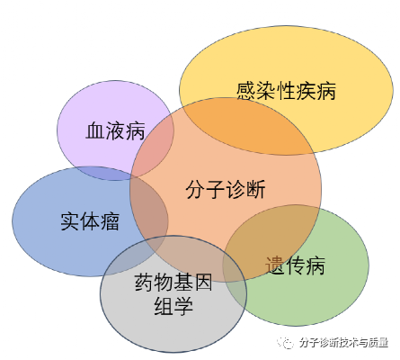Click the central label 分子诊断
(x=226, y=189)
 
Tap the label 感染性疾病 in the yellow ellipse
(x=286, y=91)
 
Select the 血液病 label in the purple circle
(x=115, y=130)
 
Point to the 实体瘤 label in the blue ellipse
(x=90, y=221)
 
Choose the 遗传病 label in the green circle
(x=295, y=265)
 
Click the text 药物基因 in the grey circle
(x=173, y=282)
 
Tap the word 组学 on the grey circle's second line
(x=173, y=306)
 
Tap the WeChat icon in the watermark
(x=286, y=342)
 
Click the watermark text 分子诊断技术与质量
(x=343, y=342)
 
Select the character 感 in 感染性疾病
(x=246, y=91)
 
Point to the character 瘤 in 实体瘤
(x=110, y=221)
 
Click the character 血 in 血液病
(x=95, y=130)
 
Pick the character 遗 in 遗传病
(x=275, y=265)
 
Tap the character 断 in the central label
(x=256, y=189)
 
